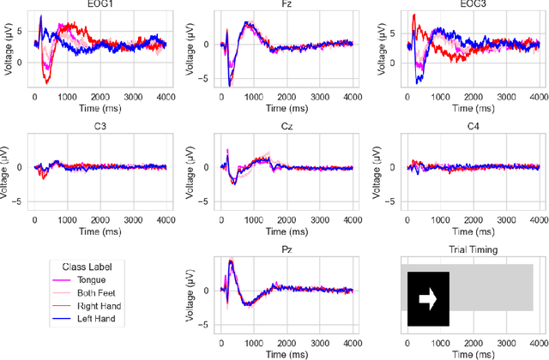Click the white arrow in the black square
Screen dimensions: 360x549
(428, 299)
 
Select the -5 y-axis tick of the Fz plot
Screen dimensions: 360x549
(206, 79)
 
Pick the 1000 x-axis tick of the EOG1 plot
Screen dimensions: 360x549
(67, 98)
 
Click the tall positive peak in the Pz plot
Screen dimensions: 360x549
(230, 261)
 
